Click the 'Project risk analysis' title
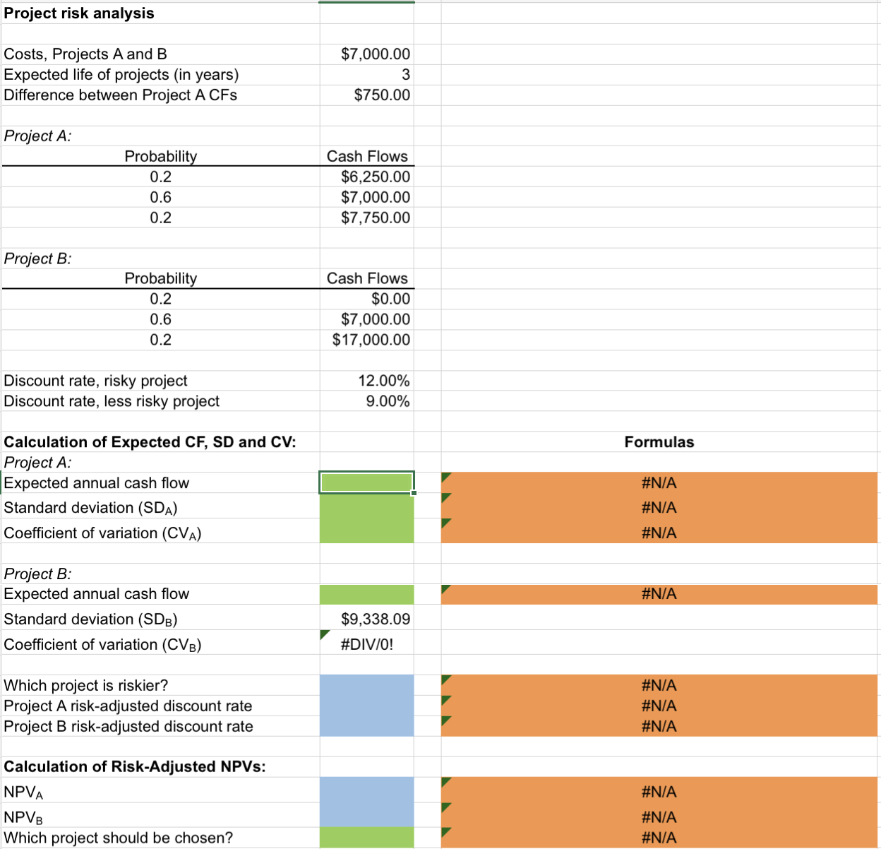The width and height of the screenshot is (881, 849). pos(79,13)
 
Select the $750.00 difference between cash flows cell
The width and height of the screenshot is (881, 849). pos(381,95)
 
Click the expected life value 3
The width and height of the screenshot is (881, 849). pos(405,75)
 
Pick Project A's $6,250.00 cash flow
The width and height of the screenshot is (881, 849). pos(375,177)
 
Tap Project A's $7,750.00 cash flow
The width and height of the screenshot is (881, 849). pos(375,218)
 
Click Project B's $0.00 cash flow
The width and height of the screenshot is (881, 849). pos(390,299)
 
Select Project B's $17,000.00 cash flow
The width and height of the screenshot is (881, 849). pos(371,340)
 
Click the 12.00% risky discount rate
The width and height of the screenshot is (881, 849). pos(383,381)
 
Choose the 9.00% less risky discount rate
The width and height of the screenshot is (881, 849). pos(387,401)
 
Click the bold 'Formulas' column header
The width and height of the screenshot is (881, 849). pos(659,442)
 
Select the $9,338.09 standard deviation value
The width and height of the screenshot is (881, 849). pos(375,619)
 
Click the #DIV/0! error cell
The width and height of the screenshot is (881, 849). pos(366,644)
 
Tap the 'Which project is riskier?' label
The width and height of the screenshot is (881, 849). pos(86,685)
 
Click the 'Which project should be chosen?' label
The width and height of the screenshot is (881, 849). pos(119,838)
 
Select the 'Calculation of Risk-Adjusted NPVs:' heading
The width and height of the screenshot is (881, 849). pos(135,766)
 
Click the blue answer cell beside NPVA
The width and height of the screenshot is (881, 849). pos(366,790)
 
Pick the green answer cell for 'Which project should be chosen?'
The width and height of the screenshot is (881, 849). pos(366,838)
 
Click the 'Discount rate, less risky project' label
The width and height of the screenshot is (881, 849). pos(112,401)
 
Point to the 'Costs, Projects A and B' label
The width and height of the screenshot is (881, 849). pos(85,54)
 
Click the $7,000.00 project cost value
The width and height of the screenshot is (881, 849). pos(375,54)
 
